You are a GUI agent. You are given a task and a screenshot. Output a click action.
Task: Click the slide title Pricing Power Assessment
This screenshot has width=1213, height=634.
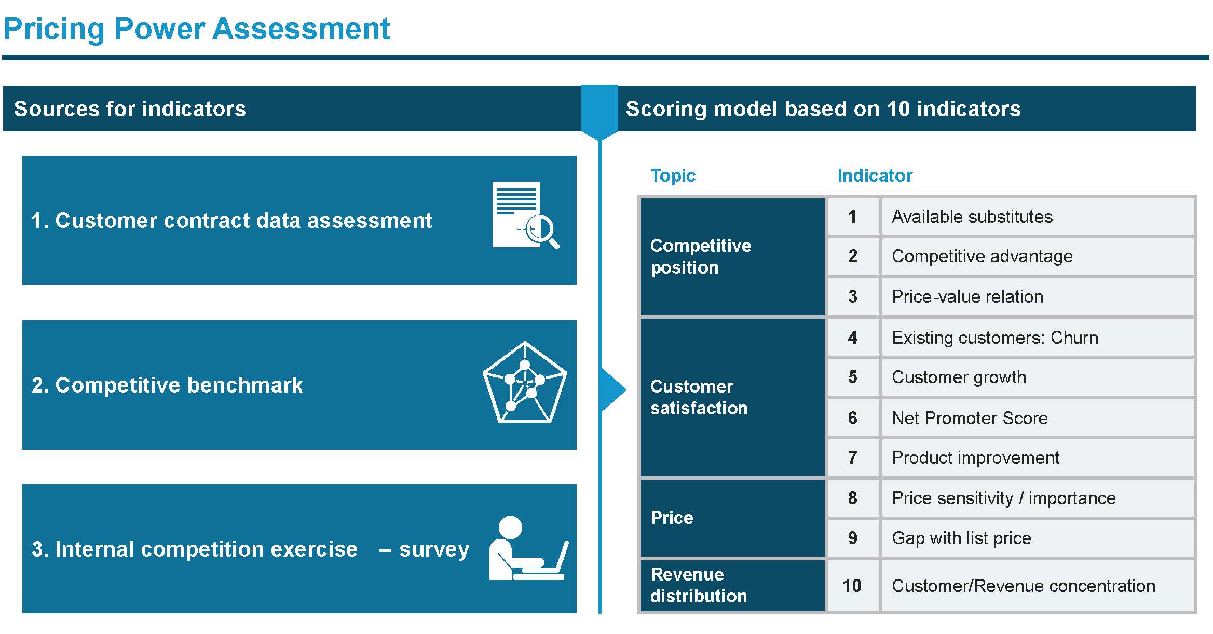[x=197, y=30]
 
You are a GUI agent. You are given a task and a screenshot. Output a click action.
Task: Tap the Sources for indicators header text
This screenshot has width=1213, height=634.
[x=130, y=109]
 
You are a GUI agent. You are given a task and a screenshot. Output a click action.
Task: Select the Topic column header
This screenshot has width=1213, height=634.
[x=673, y=176]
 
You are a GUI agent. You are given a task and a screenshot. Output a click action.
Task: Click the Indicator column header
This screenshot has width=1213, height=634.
[x=875, y=176]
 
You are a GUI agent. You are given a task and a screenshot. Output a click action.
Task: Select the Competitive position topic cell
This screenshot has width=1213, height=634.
[x=732, y=257]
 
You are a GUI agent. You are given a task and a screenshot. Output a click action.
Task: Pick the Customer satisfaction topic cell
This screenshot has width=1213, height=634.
[x=732, y=397]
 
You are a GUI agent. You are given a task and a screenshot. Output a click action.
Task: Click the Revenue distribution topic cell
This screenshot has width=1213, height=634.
[x=732, y=585]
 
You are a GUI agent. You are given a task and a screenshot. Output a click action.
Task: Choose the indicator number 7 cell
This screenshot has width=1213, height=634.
[x=853, y=458]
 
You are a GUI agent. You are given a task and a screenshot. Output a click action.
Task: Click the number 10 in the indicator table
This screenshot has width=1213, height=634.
[x=852, y=586]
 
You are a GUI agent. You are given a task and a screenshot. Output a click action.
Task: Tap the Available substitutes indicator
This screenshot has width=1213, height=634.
[x=972, y=217]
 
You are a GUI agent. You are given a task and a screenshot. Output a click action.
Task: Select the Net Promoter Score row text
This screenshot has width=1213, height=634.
[x=970, y=418]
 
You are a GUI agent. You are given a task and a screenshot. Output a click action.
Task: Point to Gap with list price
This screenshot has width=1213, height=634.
[x=961, y=538]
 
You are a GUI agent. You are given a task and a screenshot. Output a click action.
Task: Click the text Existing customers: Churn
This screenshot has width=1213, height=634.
[x=995, y=338]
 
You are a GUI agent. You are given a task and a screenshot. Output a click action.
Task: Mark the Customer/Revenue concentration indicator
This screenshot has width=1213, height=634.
[x=1024, y=586]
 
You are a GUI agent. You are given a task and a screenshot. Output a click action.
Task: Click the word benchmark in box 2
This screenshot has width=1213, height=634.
[x=245, y=385]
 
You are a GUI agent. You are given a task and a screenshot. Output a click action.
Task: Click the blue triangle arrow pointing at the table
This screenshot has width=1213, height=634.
[x=612, y=390]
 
